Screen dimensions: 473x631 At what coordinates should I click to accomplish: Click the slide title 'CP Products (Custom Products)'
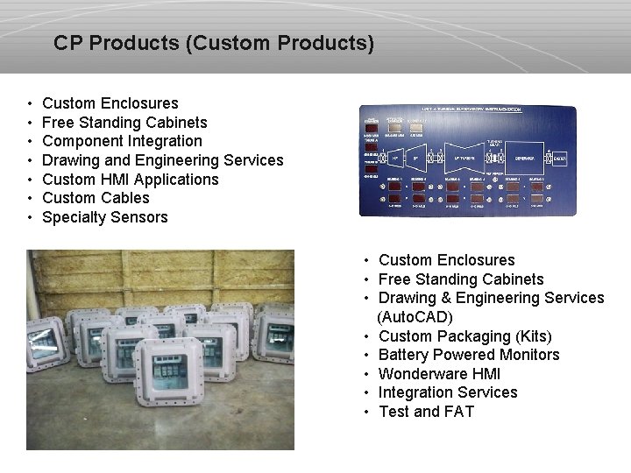[x=213, y=42]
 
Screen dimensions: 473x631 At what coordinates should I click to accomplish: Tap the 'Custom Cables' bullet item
[x=96, y=198]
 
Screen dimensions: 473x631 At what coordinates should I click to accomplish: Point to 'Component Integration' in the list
[x=122, y=141]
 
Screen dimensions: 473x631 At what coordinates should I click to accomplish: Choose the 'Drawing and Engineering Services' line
[x=162, y=160]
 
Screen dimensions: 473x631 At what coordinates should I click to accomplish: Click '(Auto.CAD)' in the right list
[x=415, y=317]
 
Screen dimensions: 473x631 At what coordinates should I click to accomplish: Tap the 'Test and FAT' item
[x=425, y=412]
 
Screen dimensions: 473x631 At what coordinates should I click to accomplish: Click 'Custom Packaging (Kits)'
[x=464, y=336]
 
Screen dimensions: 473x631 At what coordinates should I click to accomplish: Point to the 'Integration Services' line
[x=447, y=392]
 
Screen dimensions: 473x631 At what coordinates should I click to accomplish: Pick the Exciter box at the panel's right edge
[x=559, y=159]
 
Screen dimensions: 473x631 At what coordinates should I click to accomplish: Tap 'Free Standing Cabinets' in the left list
[x=124, y=123]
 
